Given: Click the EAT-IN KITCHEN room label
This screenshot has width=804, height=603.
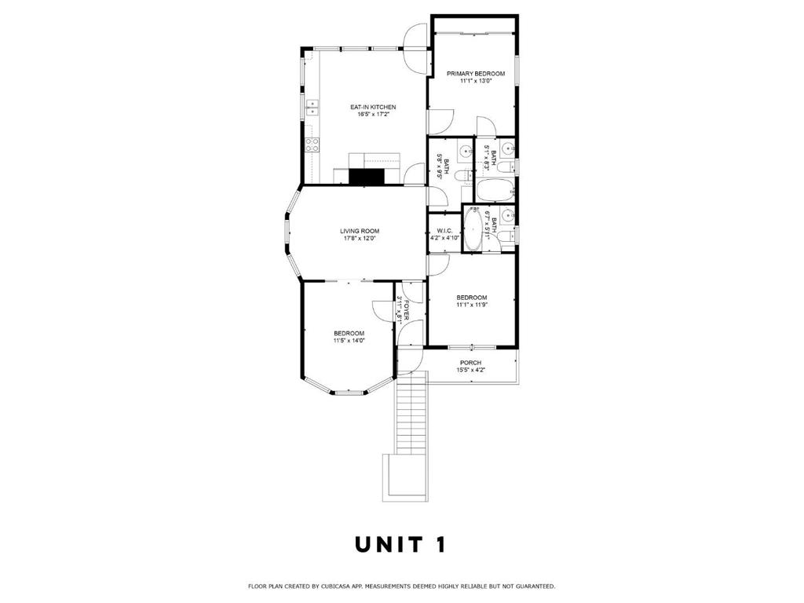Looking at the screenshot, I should (x=372, y=107).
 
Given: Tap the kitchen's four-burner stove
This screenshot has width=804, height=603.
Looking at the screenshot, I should (x=312, y=144).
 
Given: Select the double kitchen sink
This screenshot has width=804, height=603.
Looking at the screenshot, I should (x=312, y=107).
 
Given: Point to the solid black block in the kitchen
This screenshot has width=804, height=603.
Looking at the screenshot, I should (x=366, y=177).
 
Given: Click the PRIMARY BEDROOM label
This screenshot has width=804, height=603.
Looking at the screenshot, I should (x=475, y=73).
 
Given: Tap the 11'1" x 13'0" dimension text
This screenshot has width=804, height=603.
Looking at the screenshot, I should (x=475, y=81).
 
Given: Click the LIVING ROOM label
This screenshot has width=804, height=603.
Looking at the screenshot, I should (x=360, y=231).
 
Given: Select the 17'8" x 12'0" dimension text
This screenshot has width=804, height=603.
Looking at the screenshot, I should (x=360, y=239).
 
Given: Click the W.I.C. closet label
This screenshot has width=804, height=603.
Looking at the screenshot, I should (x=444, y=231).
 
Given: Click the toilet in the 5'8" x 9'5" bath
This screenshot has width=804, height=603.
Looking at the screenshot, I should (x=465, y=174).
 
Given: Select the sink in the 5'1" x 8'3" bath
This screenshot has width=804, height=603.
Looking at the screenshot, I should (x=506, y=148).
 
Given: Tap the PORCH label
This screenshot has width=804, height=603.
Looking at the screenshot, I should (x=470, y=363).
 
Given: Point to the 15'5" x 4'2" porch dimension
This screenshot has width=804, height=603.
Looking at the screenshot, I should (x=470, y=371).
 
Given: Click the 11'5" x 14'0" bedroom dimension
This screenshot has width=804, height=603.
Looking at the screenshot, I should (x=349, y=341).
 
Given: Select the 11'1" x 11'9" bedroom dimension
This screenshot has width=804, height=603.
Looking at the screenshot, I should (x=472, y=305).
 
